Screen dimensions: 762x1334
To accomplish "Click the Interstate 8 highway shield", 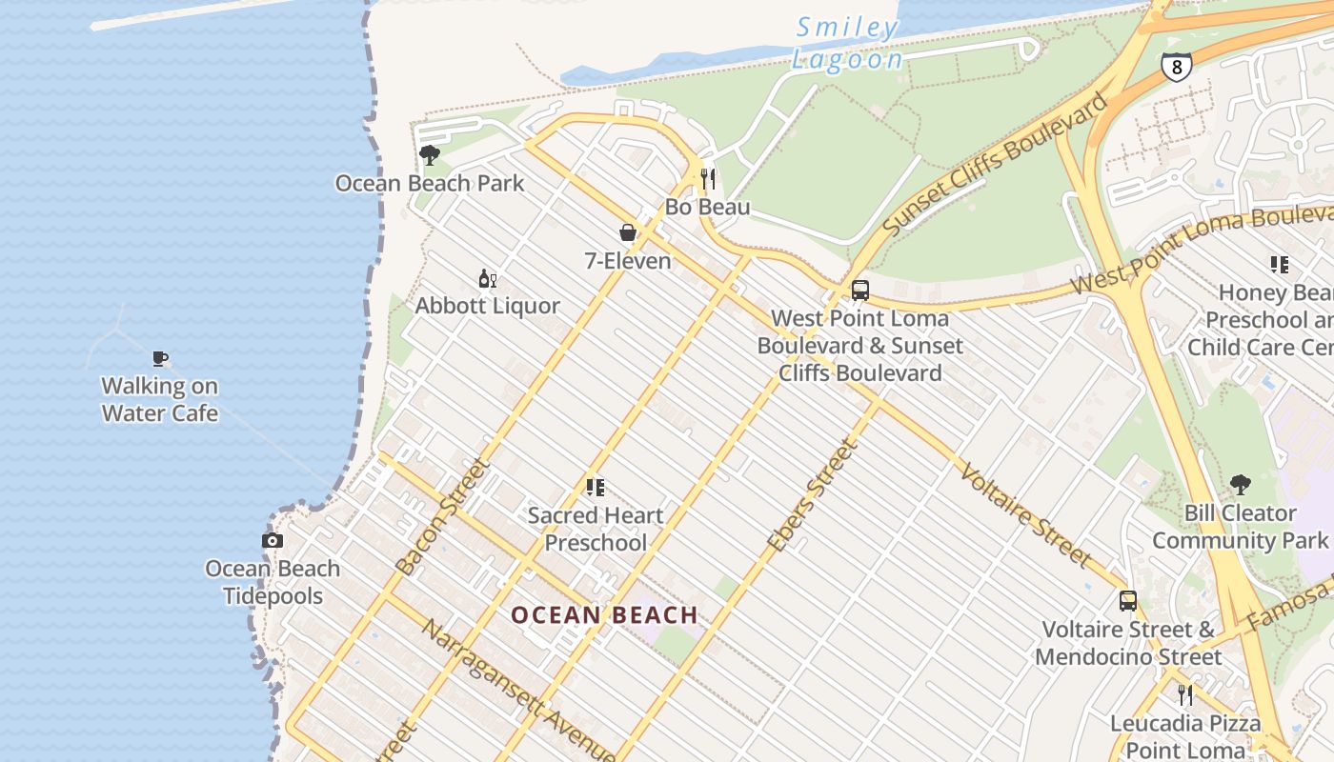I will point(1176,67).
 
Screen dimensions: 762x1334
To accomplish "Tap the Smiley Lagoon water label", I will point(847,44).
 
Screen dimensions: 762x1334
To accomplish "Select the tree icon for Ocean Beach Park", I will point(430,154).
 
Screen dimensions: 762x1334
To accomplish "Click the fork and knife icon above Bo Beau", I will point(708,178).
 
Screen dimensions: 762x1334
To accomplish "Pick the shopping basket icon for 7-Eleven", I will point(628,232).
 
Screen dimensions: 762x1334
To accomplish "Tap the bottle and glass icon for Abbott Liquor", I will point(488,278).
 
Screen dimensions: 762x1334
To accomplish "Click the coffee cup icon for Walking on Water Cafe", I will point(160,358).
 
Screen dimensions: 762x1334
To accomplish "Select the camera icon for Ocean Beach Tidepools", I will point(273,540).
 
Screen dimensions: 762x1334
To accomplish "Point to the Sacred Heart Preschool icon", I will point(596,488).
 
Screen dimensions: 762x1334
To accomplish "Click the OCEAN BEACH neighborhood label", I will point(605,615).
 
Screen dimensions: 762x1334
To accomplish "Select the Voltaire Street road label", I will point(1025,513).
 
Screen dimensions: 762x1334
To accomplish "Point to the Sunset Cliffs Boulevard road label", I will point(996,164).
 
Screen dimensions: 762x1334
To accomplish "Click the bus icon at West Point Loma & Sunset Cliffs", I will point(860,291).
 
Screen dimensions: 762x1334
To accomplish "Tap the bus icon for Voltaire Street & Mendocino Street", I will point(1128,601).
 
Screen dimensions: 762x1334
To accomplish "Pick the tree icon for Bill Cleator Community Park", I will point(1240,485).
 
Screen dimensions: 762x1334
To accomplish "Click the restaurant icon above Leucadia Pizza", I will point(1185,694).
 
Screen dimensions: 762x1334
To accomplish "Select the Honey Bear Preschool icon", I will point(1279,264).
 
